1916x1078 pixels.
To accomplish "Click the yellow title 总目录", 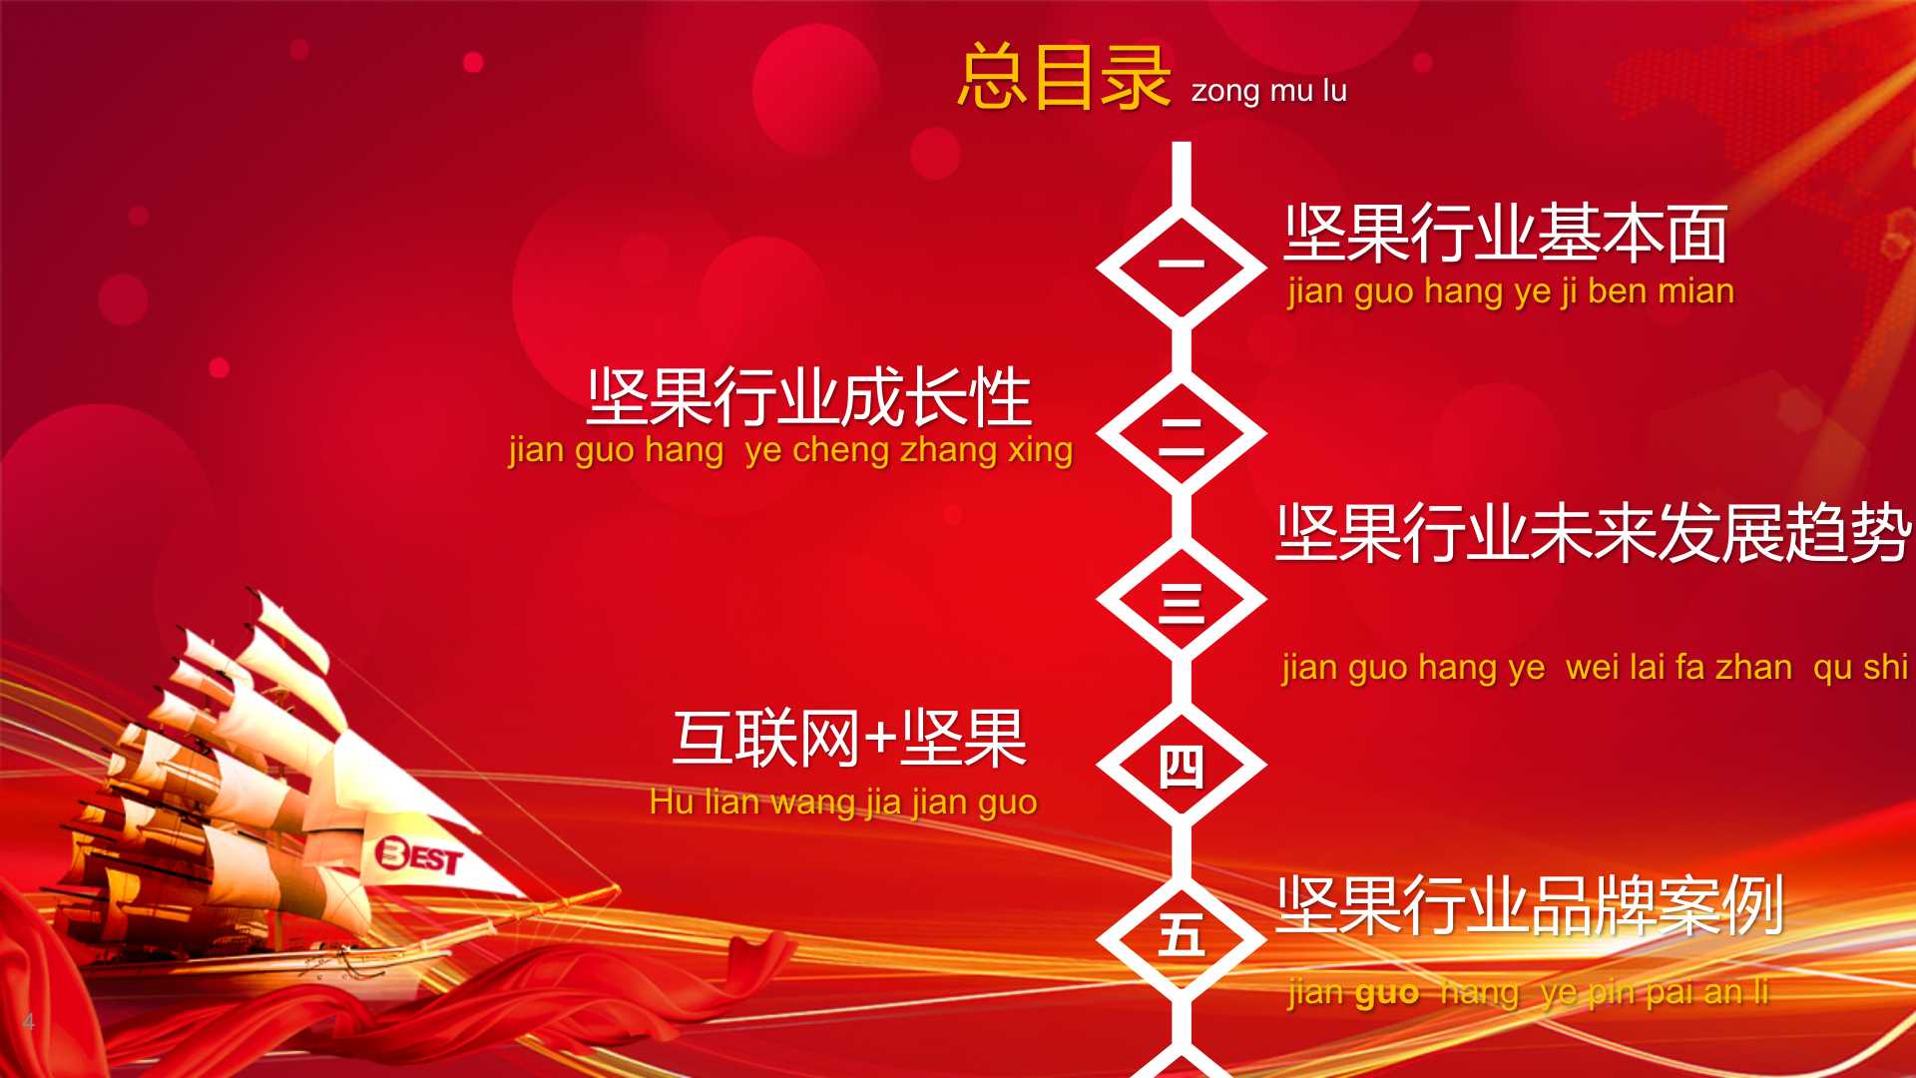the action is pyautogui.click(x=1064, y=77).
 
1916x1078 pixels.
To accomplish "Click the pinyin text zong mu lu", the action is pyautogui.click(x=1269, y=92).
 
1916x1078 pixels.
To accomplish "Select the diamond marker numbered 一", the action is pyautogui.click(x=1182, y=267).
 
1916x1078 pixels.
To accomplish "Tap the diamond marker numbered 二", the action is pyautogui.click(x=1182, y=433).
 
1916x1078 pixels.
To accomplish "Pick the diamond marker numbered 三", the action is pyautogui.click(x=1182, y=600).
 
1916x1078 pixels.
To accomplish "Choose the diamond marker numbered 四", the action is pyautogui.click(x=1182, y=766).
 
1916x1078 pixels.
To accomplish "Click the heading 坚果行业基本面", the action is pyautogui.click(x=1506, y=234).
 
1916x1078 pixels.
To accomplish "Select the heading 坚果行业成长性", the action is pyautogui.click(x=809, y=397).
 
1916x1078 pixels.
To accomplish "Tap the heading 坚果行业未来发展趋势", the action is pyautogui.click(x=1594, y=532).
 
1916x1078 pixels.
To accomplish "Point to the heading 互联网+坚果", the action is pyautogui.click(x=850, y=739).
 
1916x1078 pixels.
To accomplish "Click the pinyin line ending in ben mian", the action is pyautogui.click(x=1511, y=291).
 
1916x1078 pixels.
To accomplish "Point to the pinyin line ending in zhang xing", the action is pyautogui.click(x=790, y=450).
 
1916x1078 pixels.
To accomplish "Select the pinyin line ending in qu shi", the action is pyautogui.click(x=1595, y=667).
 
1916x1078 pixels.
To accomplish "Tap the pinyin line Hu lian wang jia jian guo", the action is pyautogui.click(x=843, y=803).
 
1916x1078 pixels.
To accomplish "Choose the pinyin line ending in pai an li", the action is pyautogui.click(x=1528, y=992).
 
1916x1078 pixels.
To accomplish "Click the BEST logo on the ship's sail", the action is pyautogui.click(x=419, y=855).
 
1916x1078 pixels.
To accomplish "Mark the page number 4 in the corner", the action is pyautogui.click(x=29, y=1021).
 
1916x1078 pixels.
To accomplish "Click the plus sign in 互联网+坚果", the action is pyautogui.click(x=880, y=741).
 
